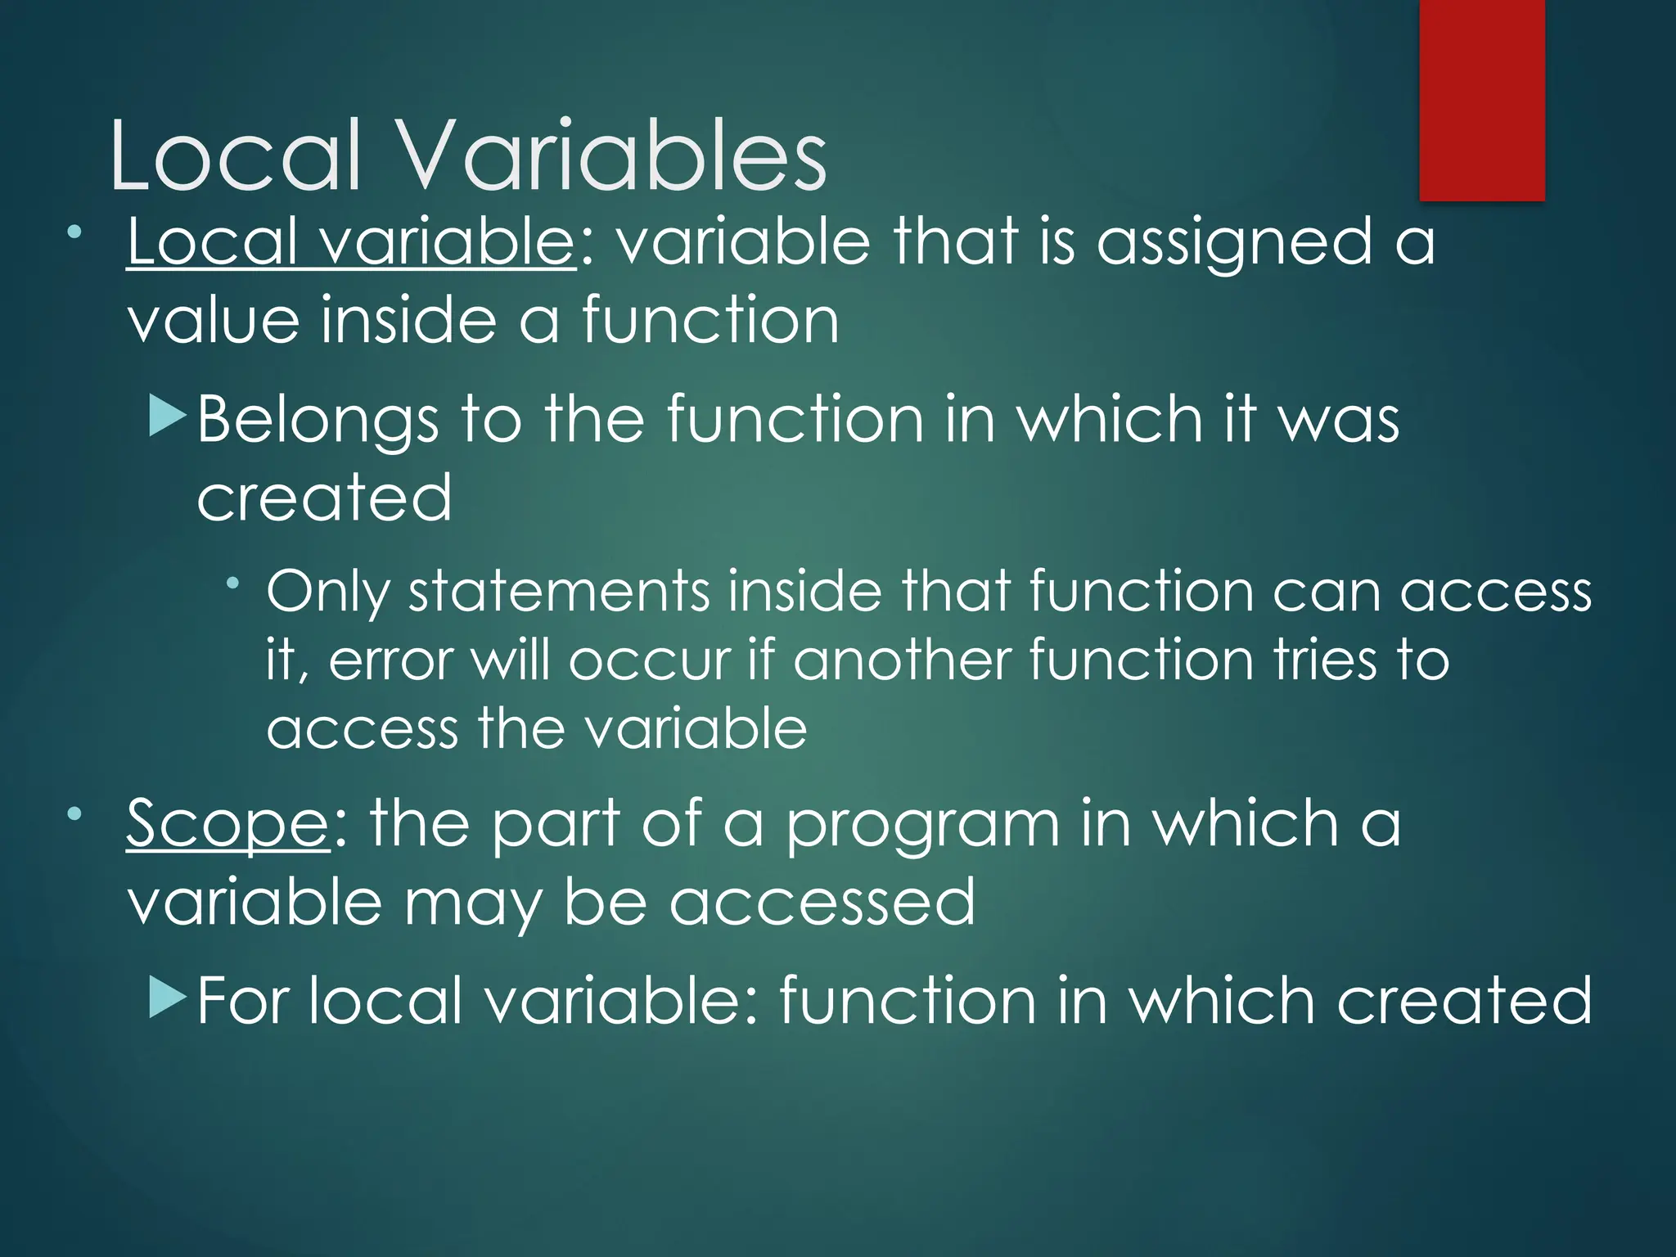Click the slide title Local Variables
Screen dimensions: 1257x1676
tap(468, 155)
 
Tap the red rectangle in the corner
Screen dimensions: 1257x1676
tap(1481, 100)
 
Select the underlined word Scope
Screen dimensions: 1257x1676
tap(228, 825)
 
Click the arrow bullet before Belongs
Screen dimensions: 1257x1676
tap(169, 417)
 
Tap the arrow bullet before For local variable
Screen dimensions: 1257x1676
tap(169, 999)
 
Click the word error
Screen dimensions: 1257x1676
tap(390, 660)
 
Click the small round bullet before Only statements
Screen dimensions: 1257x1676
tap(233, 583)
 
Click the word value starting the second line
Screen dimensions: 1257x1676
tap(213, 321)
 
